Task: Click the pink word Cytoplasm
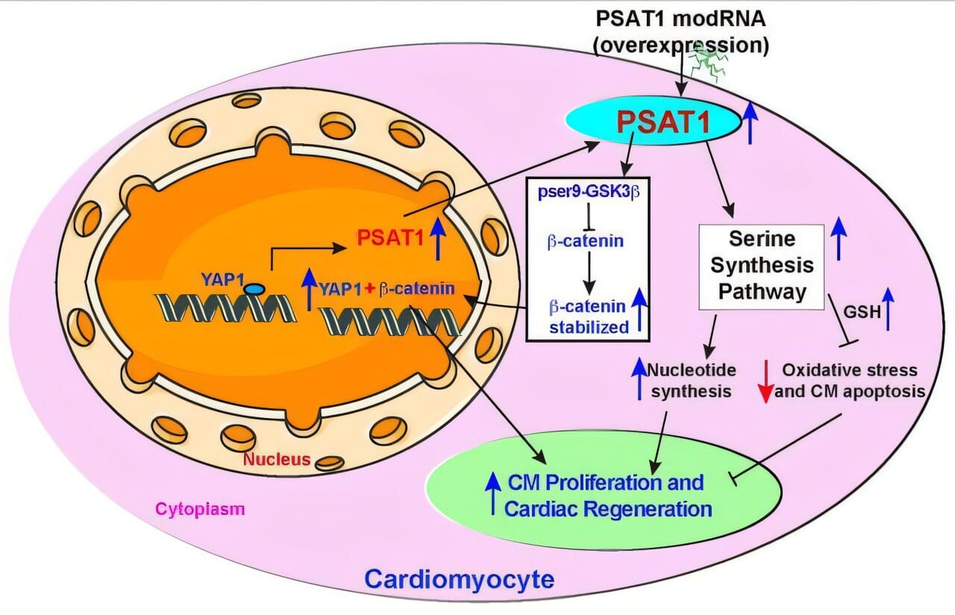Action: tap(200, 509)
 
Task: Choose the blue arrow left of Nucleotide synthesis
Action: tap(639, 377)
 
